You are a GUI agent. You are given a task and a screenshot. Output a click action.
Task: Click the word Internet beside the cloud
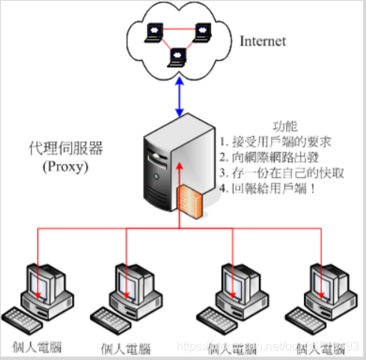(x=263, y=41)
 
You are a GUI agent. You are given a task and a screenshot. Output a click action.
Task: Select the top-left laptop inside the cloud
(x=154, y=29)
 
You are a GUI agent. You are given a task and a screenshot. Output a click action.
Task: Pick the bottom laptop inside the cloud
(x=179, y=56)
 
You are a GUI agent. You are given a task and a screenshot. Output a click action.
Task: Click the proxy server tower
(x=165, y=165)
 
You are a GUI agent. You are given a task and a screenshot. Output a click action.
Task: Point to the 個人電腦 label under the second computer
(x=126, y=348)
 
